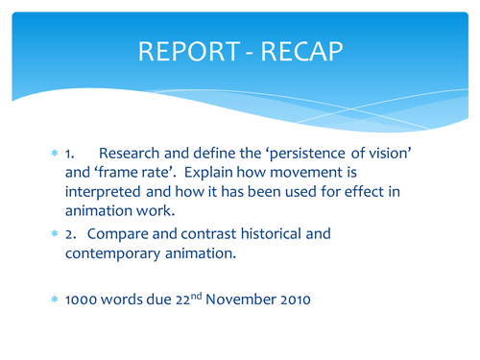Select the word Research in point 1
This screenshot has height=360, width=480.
click(x=133, y=154)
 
